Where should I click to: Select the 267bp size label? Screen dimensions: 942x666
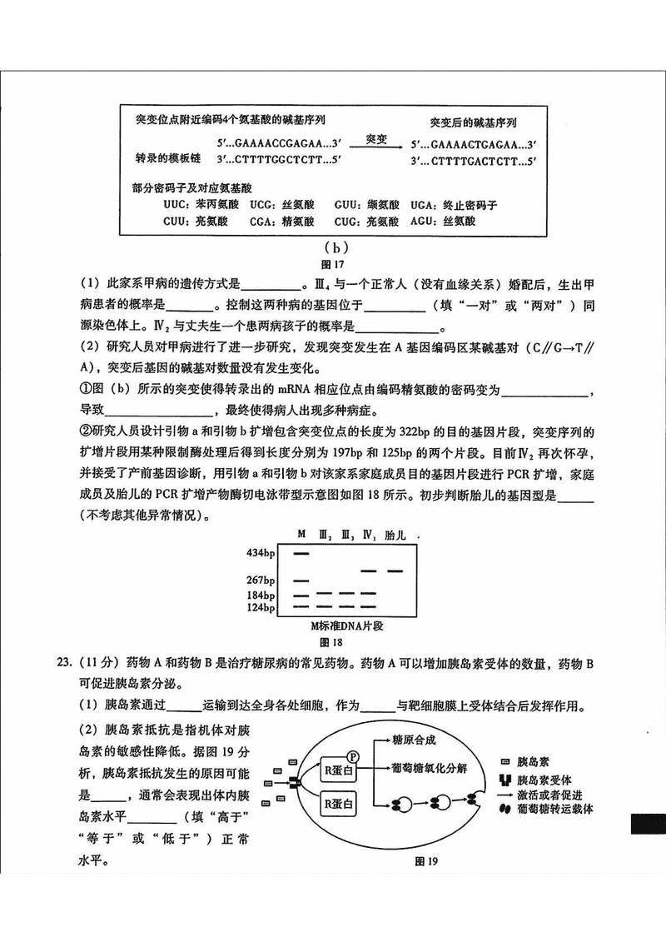261,581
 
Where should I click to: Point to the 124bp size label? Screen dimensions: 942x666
261,609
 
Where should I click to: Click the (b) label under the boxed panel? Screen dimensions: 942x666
333,247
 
